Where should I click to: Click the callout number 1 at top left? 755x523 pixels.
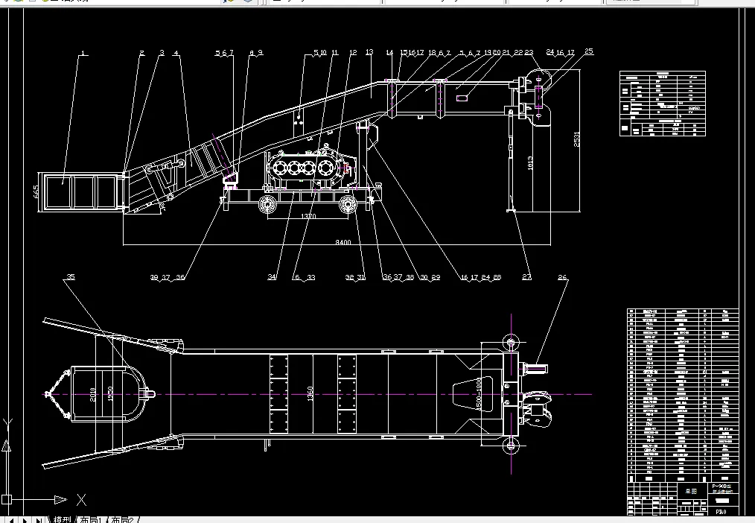tap(83, 53)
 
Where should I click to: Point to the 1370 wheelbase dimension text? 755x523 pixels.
tap(305, 215)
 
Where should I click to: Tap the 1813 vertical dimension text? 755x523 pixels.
tap(529, 163)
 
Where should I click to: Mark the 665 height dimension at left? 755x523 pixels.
tap(35, 191)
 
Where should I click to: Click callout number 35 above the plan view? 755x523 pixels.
tap(71, 277)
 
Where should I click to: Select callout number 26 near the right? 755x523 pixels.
tap(562, 277)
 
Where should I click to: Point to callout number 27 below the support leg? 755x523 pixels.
tap(526, 277)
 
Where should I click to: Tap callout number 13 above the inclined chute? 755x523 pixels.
tap(369, 53)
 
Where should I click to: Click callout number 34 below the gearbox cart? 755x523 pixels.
tap(273, 277)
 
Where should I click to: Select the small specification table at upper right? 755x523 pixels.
tap(661, 104)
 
